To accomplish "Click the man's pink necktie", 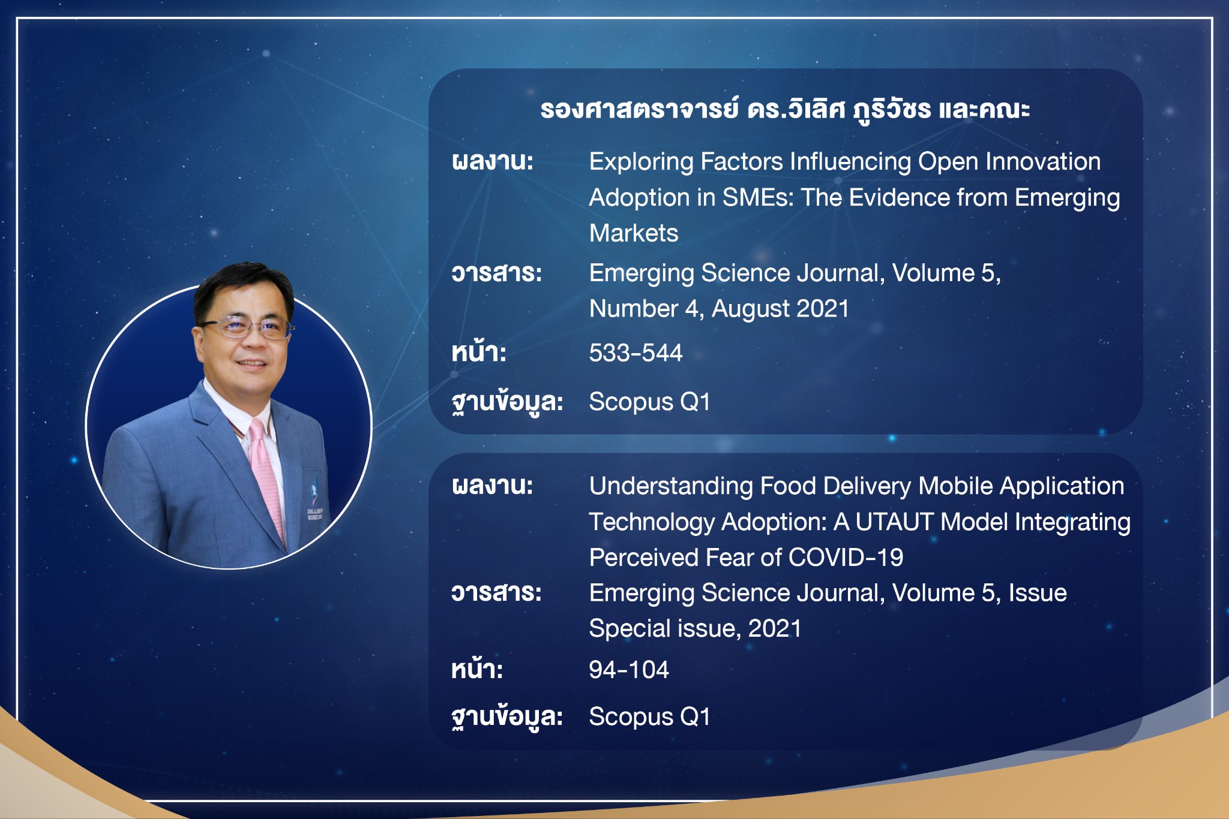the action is point(266,474).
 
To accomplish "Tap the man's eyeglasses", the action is point(246,327).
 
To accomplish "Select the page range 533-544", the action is point(636,353).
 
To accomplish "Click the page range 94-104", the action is point(628,669).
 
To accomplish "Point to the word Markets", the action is point(634,233).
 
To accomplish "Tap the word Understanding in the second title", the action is point(671,487).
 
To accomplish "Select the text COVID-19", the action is point(846,557).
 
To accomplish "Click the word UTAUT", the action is point(894,522).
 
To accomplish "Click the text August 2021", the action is point(780,309).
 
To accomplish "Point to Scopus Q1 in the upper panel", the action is point(649,402).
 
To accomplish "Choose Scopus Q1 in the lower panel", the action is point(649,717).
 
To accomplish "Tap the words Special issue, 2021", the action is point(695,629).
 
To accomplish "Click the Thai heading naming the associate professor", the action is point(785,110).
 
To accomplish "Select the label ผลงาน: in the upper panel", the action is point(493,161).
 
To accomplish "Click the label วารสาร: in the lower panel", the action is point(496,592).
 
